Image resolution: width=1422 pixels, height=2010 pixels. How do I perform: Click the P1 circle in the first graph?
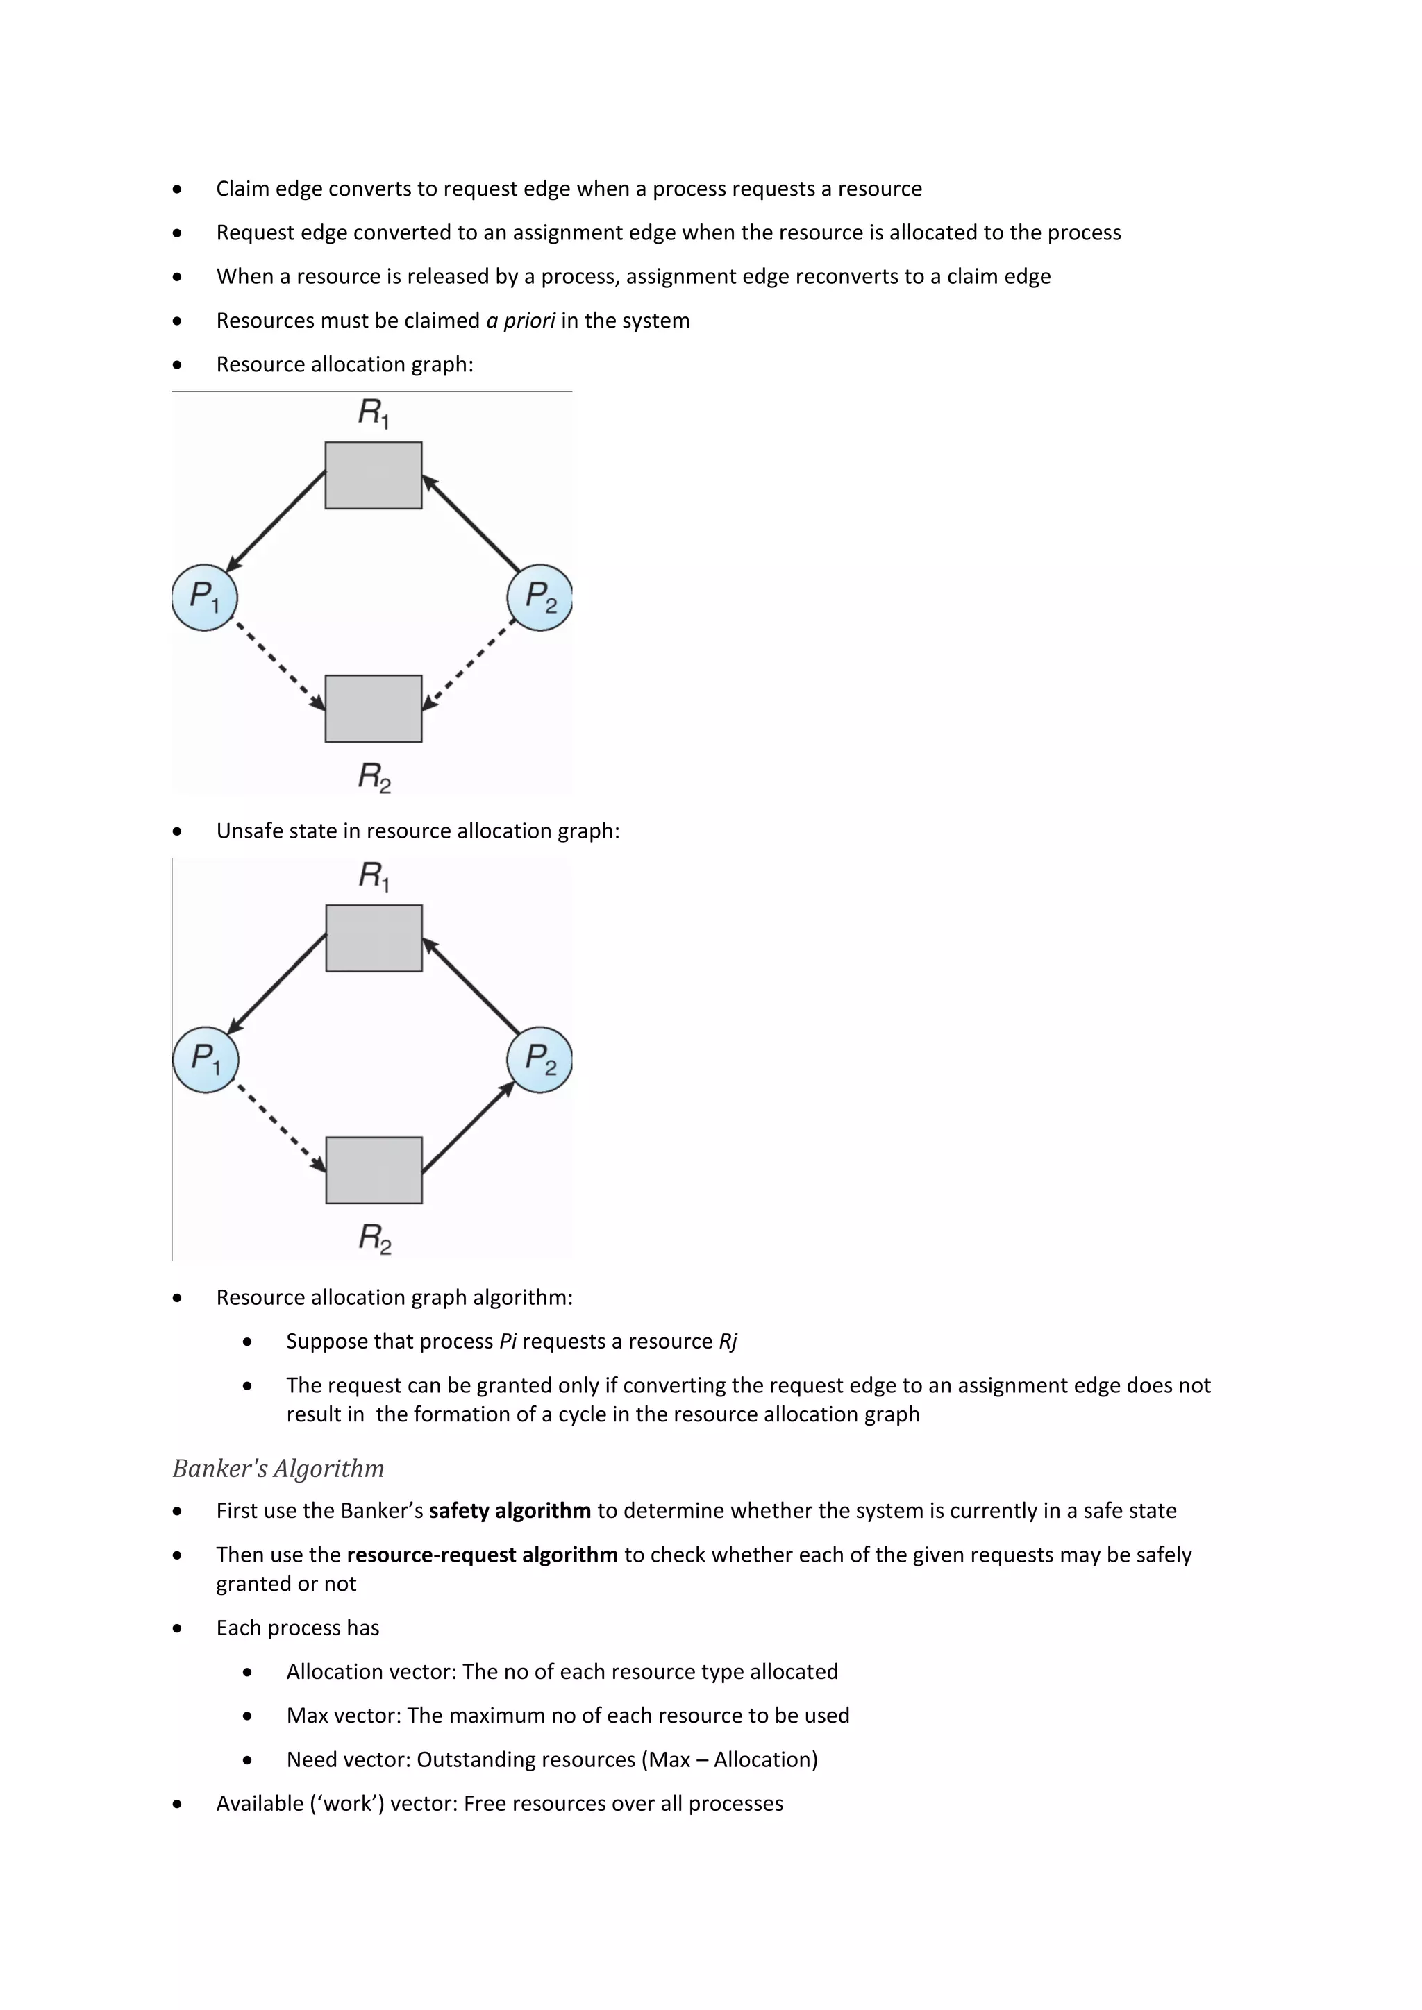204,597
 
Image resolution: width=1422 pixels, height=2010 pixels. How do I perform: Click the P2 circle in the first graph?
539,597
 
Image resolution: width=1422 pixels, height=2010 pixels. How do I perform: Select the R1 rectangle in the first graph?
373,475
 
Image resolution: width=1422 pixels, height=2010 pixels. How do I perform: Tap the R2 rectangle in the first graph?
373,708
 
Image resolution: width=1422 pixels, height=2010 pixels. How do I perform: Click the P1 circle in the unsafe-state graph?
205,1059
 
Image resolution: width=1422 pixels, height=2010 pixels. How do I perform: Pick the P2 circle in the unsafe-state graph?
539,1059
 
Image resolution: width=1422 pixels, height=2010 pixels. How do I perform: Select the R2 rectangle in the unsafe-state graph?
374,1169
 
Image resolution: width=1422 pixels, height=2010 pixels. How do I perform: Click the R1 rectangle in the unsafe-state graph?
374,938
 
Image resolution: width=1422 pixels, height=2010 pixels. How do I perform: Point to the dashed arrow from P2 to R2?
469,664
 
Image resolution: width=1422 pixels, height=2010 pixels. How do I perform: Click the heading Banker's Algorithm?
278,1468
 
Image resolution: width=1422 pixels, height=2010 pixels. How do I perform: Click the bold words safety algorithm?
510,1511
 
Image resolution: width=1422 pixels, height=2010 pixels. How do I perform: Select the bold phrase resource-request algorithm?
483,1555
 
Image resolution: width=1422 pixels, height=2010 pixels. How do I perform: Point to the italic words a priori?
520,321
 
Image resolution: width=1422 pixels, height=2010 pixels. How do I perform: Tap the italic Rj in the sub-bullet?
728,1341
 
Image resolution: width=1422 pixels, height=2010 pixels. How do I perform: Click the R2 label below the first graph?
374,777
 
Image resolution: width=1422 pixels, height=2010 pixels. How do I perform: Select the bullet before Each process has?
178,1628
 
